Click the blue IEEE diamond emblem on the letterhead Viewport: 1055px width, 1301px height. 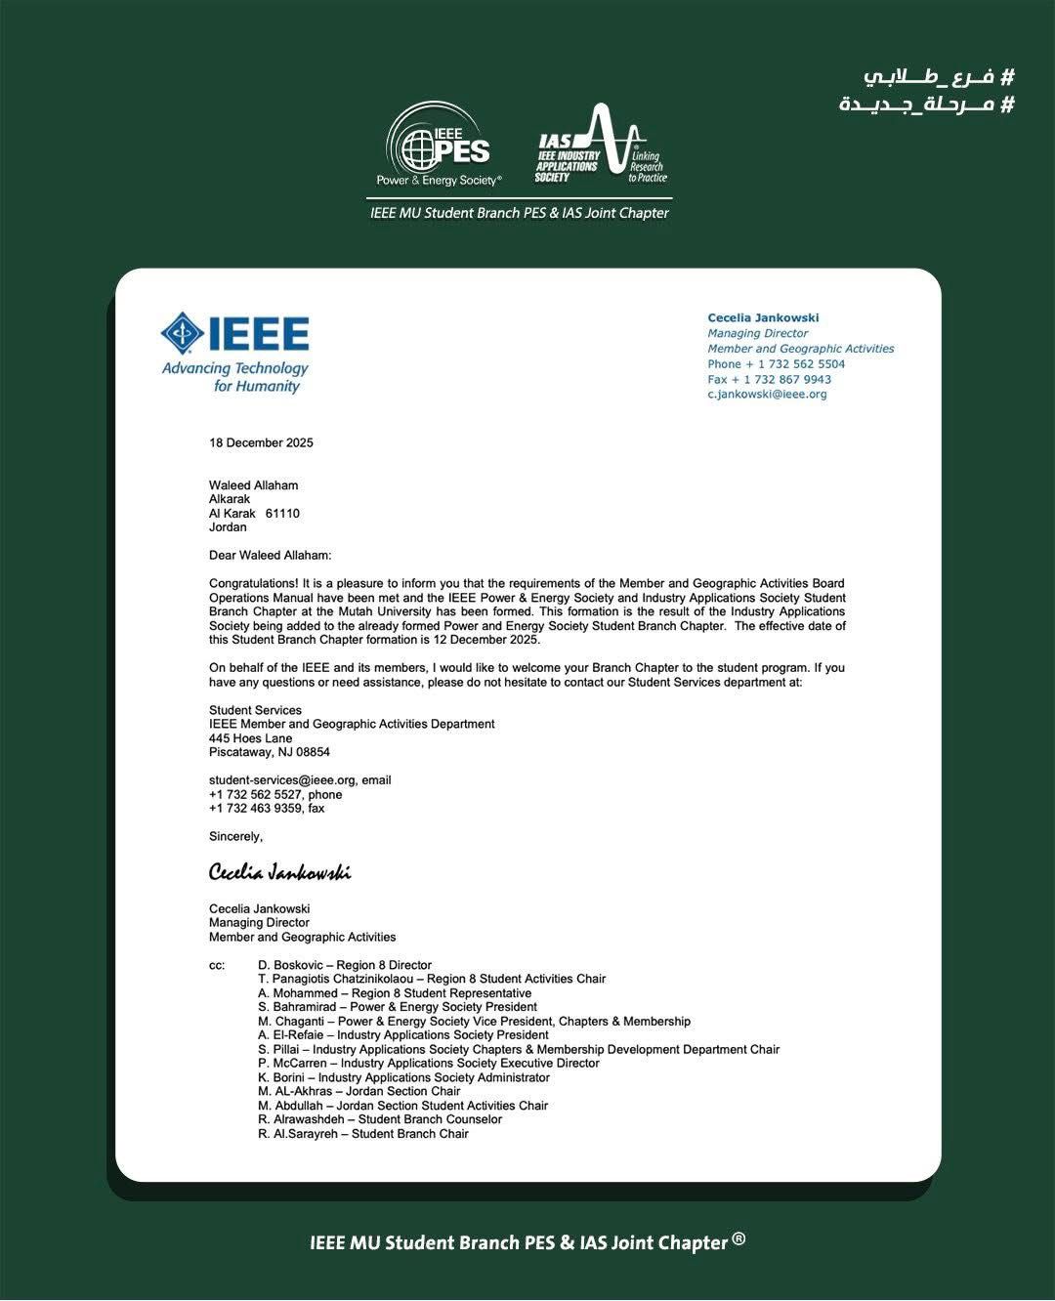click(183, 334)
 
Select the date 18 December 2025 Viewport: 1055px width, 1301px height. click(261, 442)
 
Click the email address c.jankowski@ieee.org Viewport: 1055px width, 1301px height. click(767, 395)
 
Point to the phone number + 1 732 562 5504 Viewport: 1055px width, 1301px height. click(777, 364)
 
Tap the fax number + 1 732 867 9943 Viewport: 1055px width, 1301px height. click(770, 380)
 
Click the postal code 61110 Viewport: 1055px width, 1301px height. click(282, 514)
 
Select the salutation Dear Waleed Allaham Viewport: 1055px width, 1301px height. click(270, 556)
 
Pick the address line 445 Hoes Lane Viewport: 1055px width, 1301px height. click(250, 738)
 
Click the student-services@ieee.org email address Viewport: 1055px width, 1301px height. click(283, 780)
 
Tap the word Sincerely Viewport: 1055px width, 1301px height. click(235, 837)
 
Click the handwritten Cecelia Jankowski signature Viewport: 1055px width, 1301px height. click(279, 872)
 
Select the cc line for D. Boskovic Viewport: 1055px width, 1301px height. click(344, 965)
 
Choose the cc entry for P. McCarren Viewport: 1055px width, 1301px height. click(428, 1064)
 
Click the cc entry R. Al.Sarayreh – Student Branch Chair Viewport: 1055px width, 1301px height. click(362, 1134)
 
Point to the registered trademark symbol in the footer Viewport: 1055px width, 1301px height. click(738, 1238)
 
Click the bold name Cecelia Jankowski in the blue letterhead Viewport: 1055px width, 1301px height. click(763, 318)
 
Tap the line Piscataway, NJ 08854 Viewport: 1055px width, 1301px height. click(269, 753)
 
